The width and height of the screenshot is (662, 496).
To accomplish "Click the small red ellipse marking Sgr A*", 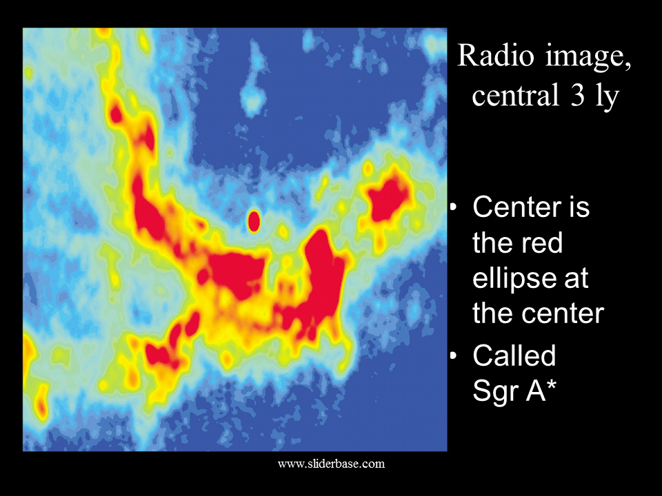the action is pos(254,221).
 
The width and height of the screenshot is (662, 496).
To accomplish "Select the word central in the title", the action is pos(515,95).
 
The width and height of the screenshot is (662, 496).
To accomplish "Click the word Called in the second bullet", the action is pos(514,355).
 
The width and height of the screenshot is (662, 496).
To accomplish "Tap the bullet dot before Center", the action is pos(454,207).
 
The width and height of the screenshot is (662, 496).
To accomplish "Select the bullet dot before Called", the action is pos(454,355).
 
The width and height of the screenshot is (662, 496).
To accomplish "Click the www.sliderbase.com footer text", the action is pos(332,464).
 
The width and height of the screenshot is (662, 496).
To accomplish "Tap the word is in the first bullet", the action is pos(579,207).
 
